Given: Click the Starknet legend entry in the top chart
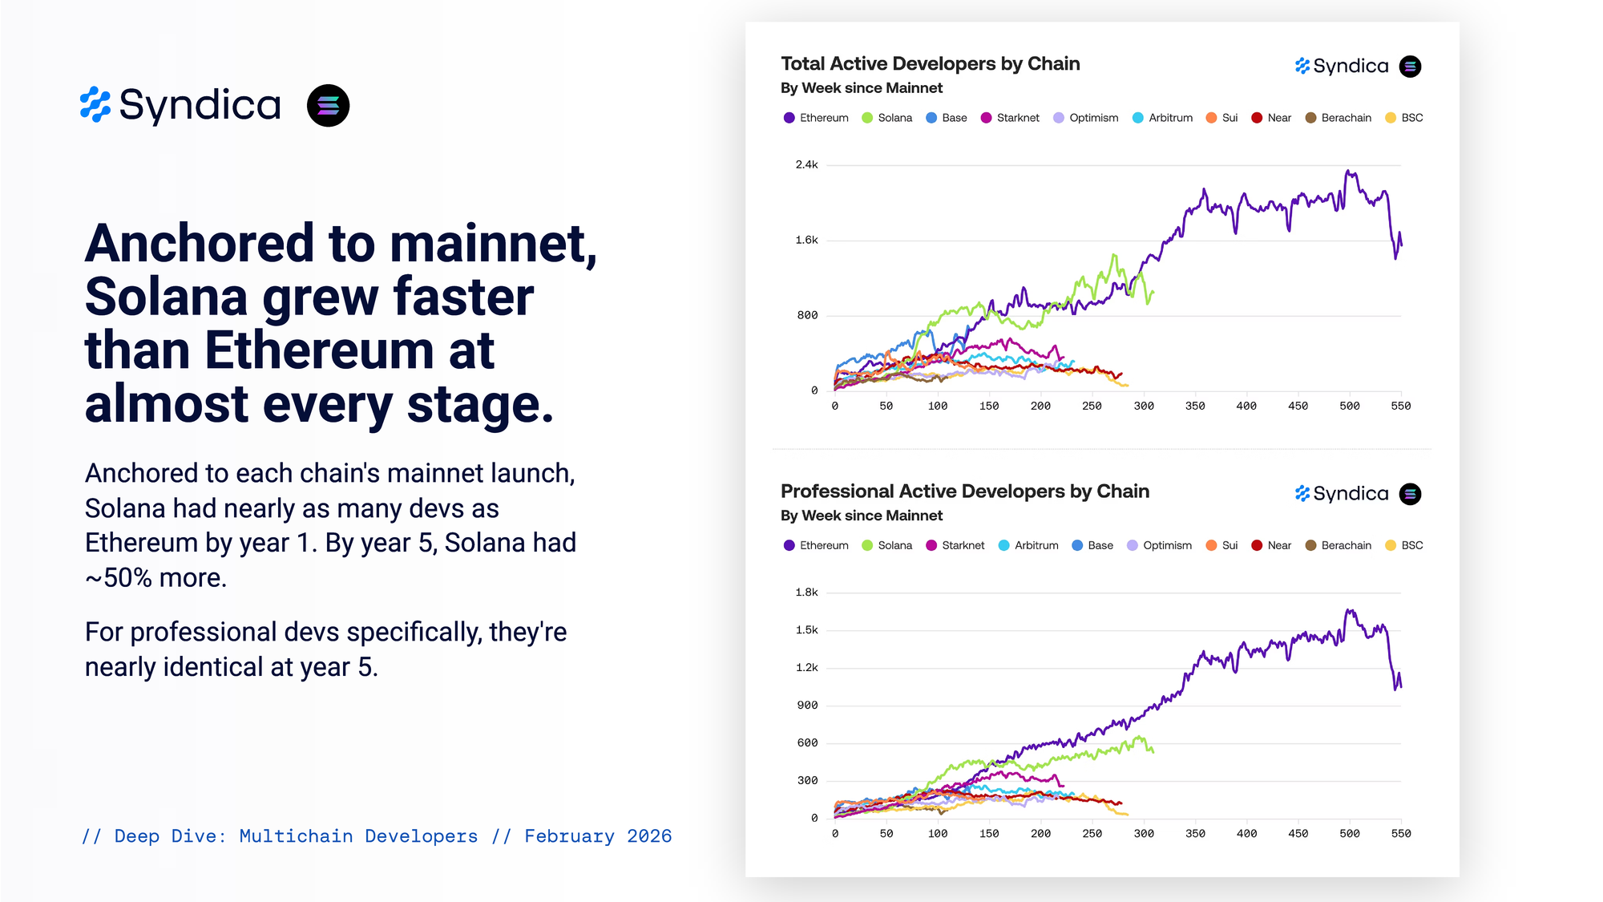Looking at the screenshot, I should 1010,118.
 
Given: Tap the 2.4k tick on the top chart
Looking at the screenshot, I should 806,165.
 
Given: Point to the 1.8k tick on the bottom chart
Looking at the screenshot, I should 806,593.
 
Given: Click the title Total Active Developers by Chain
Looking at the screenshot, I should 930,64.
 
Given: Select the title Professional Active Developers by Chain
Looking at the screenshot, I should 964,491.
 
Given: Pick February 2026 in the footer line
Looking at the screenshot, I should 598,836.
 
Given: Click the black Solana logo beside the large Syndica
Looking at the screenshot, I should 328,106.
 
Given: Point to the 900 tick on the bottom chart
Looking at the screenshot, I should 807,706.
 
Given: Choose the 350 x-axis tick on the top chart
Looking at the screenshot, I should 1195,407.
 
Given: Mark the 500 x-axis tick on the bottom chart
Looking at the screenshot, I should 1350,834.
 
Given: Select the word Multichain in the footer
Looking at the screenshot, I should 296,836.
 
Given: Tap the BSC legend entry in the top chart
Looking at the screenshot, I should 1404,118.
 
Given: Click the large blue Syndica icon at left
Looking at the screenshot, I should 95,105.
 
